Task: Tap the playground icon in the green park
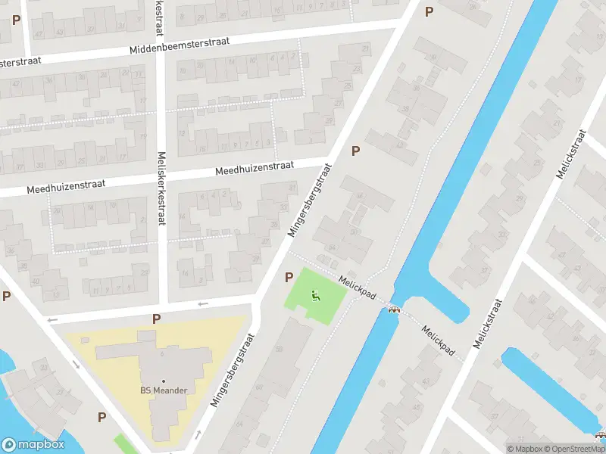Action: [x=316, y=296]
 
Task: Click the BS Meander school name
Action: [x=163, y=390]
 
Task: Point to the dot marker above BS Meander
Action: [x=163, y=380]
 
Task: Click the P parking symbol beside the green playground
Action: [x=289, y=278]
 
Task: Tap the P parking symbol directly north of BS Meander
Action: [x=156, y=319]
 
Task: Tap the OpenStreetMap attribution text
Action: [x=573, y=449]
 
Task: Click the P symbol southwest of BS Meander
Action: [x=102, y=416]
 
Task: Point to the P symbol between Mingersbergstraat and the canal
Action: [x=355, y=151]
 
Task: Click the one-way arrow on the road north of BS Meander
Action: [x=203, y=304]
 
